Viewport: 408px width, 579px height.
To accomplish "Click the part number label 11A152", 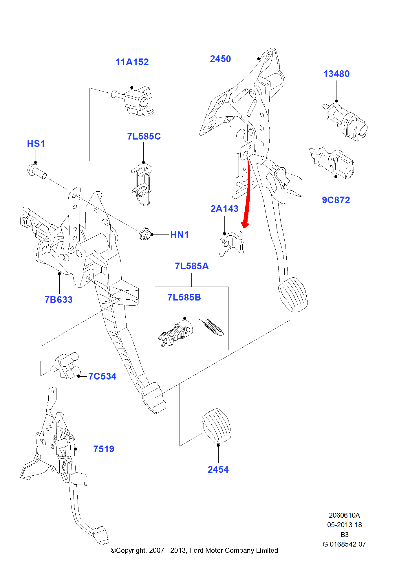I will [132, 62].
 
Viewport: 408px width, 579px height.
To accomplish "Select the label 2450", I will [220, 59].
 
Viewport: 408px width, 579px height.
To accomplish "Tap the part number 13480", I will [336, 74].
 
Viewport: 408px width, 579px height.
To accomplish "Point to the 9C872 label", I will [336, 200].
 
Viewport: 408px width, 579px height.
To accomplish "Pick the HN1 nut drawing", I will [144, 234].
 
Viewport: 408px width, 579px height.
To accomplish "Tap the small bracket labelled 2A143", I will [231, 244].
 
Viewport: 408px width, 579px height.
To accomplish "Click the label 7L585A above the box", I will [192, 266].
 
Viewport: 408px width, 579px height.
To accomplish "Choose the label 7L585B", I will [184, 297].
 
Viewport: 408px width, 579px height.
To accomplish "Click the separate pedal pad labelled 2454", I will [216, 425].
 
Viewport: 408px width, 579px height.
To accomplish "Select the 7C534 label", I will [102, 376].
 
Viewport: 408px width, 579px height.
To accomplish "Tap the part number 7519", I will [104, 449].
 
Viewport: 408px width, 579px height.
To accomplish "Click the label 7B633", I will [58, 300].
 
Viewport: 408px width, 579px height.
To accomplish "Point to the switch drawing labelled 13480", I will [346, 122].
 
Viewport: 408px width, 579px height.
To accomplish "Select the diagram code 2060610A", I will [344, 515].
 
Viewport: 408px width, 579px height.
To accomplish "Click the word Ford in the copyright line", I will [196, 550].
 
